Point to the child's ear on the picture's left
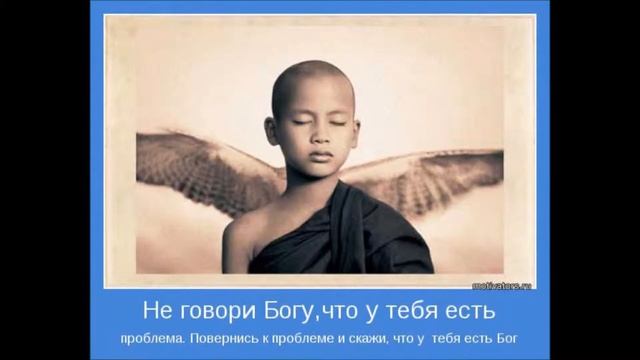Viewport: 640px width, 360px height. tap(272, 131)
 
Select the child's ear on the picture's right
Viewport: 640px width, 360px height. tap(363, 131)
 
